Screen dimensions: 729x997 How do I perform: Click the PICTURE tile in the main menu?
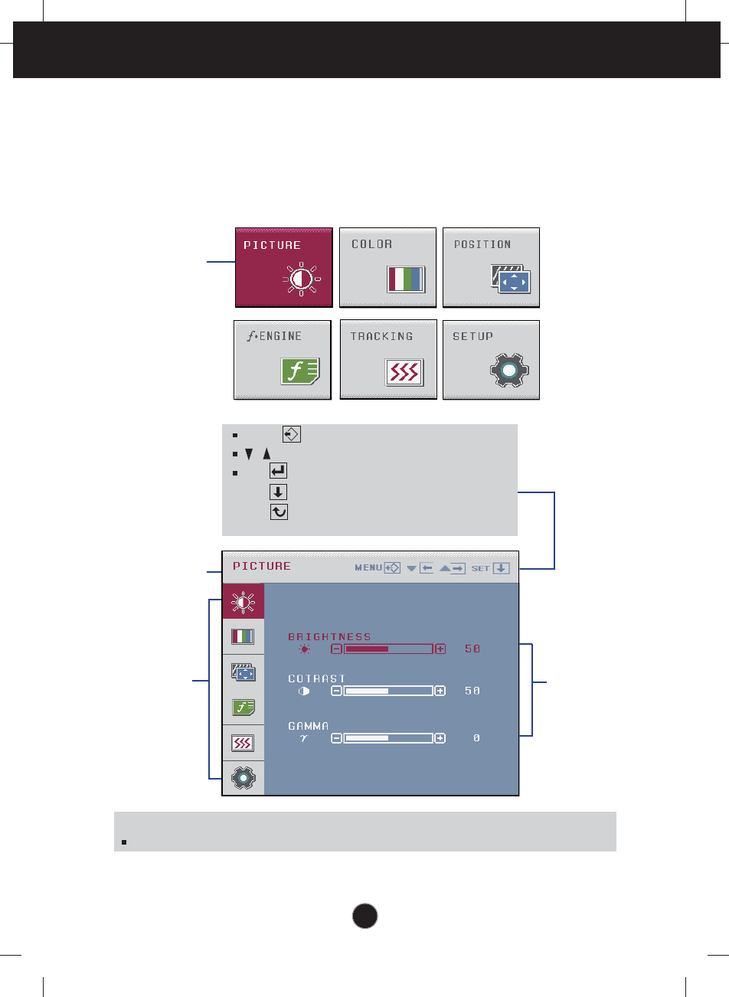[x=283, y=267]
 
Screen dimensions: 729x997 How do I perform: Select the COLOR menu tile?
[x=387, y=267]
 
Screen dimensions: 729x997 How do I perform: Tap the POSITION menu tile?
[x=491, y=267]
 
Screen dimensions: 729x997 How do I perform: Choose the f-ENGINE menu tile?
[x=282, y=360]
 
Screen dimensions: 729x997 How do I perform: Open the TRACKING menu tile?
[x=387, y=360]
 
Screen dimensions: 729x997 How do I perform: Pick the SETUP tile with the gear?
[x=491, y=360]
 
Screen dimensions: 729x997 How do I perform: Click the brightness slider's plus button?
[x=440, y=649]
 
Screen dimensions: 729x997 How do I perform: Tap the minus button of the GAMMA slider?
[x=336, y=738]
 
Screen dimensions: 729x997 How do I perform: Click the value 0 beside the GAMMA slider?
[x=476, y=738]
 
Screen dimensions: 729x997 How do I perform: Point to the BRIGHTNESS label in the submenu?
[x=329, y=636]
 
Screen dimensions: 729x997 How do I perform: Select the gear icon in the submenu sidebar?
[x=243, y=778]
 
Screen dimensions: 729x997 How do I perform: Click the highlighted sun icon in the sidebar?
[x=243, y=602]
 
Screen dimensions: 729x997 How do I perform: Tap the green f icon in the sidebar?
[x=243, y=708]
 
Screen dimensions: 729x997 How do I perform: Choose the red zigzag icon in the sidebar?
[x=243, y=743]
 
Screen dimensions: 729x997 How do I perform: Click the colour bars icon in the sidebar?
[x=243, y=636]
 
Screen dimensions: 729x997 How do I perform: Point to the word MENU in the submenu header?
[x=368, y=568]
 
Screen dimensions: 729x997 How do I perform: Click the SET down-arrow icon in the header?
[x=501, y=568]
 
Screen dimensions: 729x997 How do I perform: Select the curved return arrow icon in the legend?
[x=279, y=512]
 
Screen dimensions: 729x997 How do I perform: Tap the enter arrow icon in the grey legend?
[x=279, y=471]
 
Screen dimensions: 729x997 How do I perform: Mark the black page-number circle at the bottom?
[x=365, y=916]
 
